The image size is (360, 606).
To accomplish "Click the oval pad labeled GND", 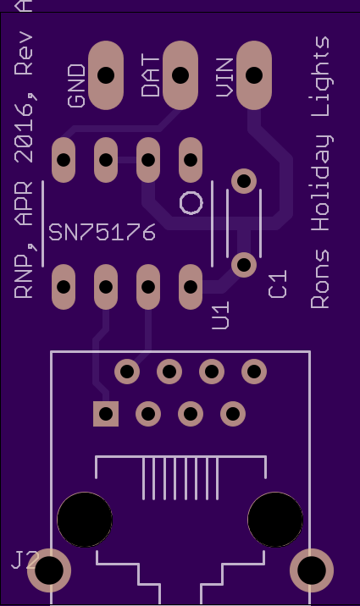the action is tap(106, 75).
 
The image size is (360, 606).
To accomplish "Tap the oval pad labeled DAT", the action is tap(180, 75).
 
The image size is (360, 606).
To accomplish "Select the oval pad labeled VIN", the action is tap(254, 75).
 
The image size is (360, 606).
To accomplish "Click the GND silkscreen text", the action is tap(76, 85).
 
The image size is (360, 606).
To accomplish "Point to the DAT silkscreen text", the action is tap(151, 76).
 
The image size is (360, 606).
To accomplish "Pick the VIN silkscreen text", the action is tap(224, 78).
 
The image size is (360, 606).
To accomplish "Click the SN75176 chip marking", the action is tap(102, 232).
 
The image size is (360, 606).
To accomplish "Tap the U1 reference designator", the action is tap(221, 316).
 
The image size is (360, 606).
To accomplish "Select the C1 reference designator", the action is tap(277, 284).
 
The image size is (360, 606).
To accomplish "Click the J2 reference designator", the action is tap(25, 560).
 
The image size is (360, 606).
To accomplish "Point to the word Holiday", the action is tap(321, 183).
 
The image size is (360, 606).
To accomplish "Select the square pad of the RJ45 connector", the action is tap(106, 414).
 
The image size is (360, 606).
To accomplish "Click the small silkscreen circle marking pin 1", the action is tap(191, 202).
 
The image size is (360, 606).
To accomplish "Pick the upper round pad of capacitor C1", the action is tap(244, 181).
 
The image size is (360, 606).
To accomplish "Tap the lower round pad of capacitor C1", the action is tap(244, 265).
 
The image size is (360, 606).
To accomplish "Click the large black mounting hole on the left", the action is tap(85, 520).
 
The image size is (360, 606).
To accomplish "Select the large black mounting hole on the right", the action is tap(275, 520).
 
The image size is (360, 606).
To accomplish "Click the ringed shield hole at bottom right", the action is tap(312, 570).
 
